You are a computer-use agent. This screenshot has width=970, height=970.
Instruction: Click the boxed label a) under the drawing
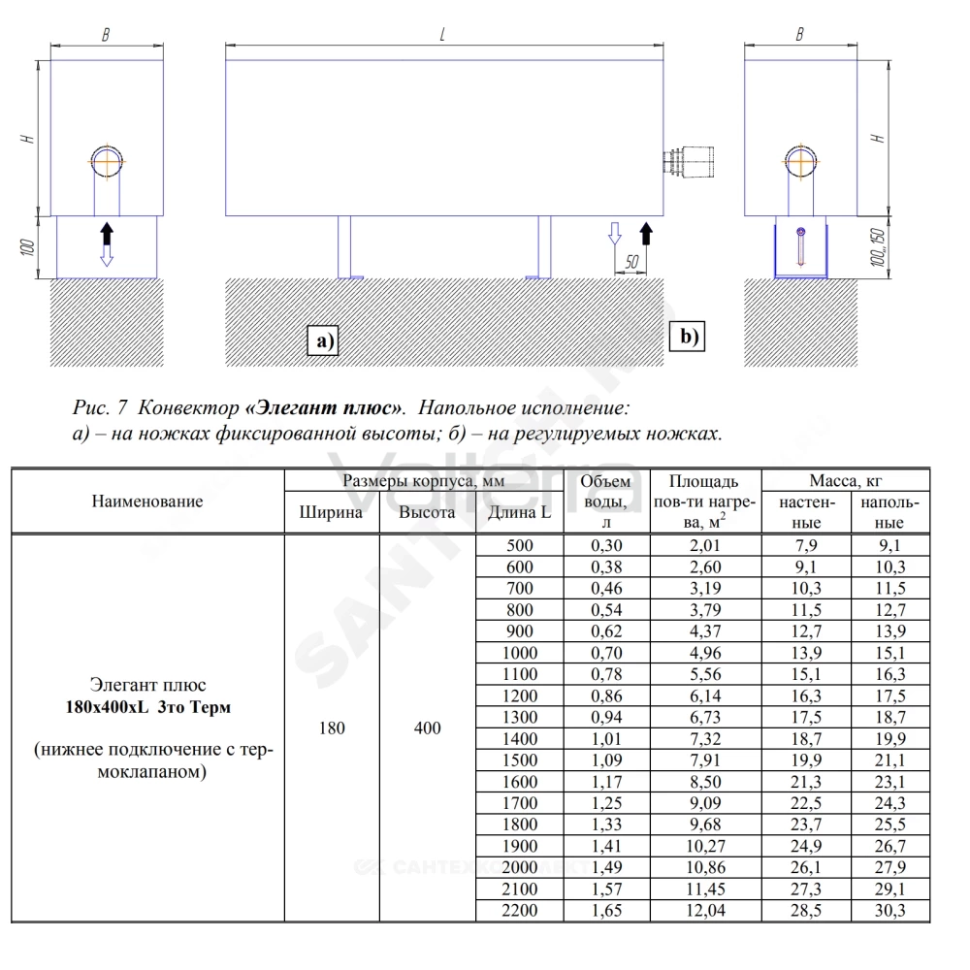tap(323, 340)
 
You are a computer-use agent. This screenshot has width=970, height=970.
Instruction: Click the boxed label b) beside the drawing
tap(688, 336)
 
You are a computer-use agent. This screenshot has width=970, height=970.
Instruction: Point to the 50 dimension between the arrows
tap(631, 262)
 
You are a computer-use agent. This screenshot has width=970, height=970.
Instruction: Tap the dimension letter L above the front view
tap(442, 35)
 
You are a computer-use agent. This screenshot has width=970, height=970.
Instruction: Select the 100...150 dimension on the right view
tap(877, 247)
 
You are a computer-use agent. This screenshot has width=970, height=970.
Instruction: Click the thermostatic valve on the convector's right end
tap(689, 162)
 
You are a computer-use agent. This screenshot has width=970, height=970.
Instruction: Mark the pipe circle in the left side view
tap(107, 162)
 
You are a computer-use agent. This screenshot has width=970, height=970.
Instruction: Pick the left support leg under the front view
tap(344, 246)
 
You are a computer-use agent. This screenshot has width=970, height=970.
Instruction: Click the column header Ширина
tap(331, 512)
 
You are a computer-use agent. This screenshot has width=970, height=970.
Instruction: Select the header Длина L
tap(519, 512)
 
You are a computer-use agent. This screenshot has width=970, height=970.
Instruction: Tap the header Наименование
tap(147, 501)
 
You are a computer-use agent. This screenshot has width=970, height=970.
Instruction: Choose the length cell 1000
tap(520, 653)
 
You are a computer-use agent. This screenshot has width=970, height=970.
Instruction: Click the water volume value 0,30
tap(606, 545)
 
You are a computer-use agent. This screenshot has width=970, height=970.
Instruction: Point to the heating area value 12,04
tap(705, 910)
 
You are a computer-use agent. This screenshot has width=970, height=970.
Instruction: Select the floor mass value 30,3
tap(889, 910)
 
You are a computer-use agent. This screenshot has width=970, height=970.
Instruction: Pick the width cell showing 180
tap(332, 728)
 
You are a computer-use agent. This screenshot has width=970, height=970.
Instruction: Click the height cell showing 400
tap(427, 728)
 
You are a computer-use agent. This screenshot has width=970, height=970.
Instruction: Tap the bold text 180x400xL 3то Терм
tap(147, 706)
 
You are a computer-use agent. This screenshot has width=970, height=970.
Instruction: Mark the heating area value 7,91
tap(705, 760)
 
